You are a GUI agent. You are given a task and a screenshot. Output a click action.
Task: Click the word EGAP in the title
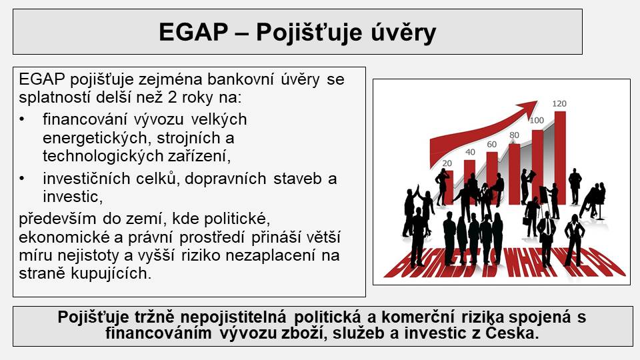[x=193, y=32]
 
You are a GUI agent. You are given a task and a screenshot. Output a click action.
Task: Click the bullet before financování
[x=21, y=119]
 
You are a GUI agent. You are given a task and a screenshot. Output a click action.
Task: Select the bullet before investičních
[x=21, y=179]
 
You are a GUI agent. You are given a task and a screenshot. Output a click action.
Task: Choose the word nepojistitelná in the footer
[x=234, y=317]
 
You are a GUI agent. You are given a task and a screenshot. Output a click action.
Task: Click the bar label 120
[x=559, y=104]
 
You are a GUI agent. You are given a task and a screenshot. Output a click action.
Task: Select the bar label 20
[x=447, y=163]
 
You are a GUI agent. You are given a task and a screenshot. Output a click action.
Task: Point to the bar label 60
[x=491, y=145]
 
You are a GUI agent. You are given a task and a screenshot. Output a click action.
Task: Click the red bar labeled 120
[x=560, y=157]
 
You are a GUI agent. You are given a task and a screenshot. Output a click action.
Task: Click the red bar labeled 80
[x=514, y=174]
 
